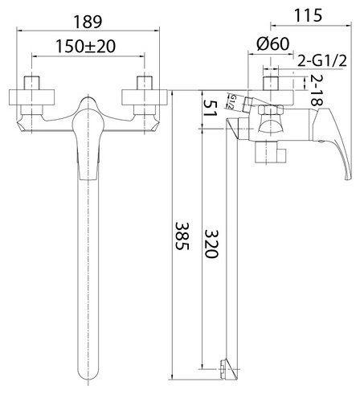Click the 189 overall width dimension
coord(88,22)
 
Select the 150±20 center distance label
coord(86,46)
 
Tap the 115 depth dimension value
coord(308,15)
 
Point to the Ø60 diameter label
coord(273,43)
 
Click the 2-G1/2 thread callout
coord(322,61)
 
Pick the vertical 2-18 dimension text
coord(317,89)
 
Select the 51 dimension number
coord(210,108)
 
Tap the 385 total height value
coord(182,236)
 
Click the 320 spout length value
coord(211,244)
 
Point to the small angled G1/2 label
coord(231,101)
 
